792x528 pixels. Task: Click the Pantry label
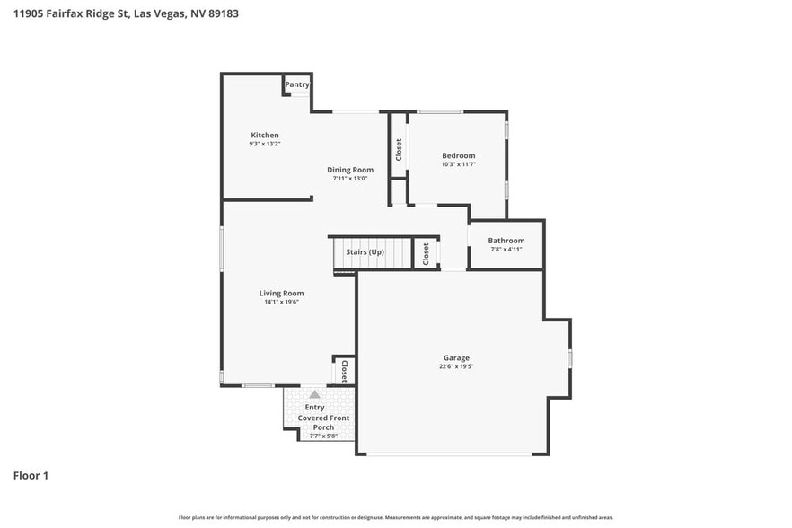(297, 84)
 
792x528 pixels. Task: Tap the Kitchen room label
(264, 136)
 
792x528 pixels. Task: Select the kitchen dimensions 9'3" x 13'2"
(264, 144)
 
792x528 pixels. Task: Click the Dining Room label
(349, 170)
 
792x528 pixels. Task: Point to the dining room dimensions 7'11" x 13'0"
(349, 178)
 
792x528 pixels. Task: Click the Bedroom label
(458, 155)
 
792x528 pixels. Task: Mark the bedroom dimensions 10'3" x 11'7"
(458, 164)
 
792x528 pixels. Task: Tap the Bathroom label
(506, 241)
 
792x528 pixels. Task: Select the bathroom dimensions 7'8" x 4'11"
(506, 249)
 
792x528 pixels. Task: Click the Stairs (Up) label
(365, 252)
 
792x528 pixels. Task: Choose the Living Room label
(281, 293)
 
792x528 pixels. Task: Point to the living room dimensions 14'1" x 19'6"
(281, 302)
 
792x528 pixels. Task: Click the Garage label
(456, 357)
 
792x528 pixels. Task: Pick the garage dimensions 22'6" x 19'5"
(456, 366)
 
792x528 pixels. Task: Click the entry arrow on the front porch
(314, 394)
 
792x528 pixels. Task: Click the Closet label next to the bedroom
(399, 150)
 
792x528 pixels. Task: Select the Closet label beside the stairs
(426, 253)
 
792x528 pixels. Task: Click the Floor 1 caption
(31, 475)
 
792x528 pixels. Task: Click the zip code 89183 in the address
(223, 13)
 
